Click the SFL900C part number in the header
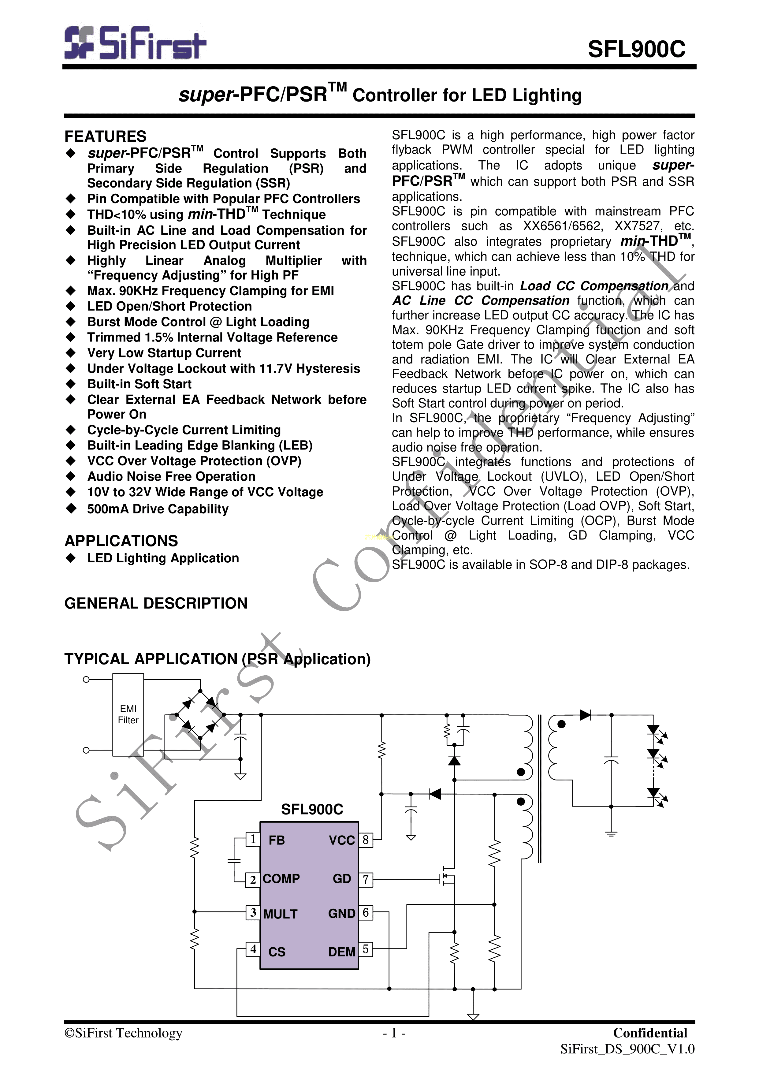(637, 49)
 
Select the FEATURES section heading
(106, 136)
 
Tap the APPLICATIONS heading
(121, 541)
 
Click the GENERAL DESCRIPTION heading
(156, 603)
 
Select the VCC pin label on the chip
(342, 840)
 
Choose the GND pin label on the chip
(342, 914)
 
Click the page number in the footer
(393, 1033)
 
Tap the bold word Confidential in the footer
(650, 1033)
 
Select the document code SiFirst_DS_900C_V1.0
(627, 1049)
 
